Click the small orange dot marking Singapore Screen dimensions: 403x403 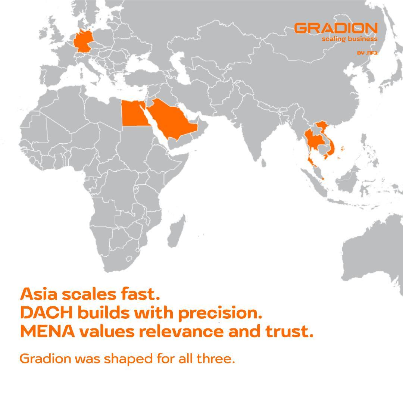pos(323,179)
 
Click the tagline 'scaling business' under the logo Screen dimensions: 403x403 pos(350,39)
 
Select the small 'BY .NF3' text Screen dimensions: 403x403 pos(367,53)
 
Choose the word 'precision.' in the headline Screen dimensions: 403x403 pos(220,313)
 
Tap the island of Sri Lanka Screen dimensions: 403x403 pos(263,163)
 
